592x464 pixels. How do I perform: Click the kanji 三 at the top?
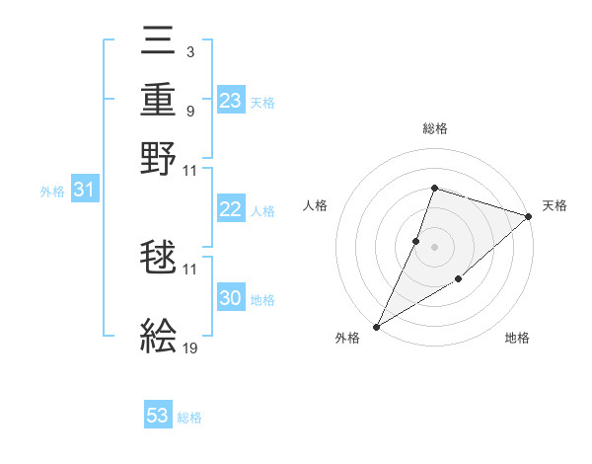pos(160,46)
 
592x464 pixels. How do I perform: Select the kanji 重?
pos(160,101)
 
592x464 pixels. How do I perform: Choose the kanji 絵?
pos(160,336)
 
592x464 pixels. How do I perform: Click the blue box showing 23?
pos(231,101)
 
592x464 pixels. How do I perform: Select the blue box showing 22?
pos(231,209)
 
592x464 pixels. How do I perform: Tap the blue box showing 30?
pos(231,298)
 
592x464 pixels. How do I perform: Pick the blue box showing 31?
pos(84,190)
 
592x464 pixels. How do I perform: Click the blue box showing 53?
pos(158,416)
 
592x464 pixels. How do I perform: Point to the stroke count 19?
pos(189,348)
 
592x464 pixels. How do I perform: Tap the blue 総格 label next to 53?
pos(189,418)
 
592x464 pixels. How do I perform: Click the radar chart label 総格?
pos(434,128)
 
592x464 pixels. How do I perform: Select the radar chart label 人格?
pos(316,205)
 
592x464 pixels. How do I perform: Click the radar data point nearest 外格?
pos(376,326)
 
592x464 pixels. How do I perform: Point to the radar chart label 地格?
pos(517,338)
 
